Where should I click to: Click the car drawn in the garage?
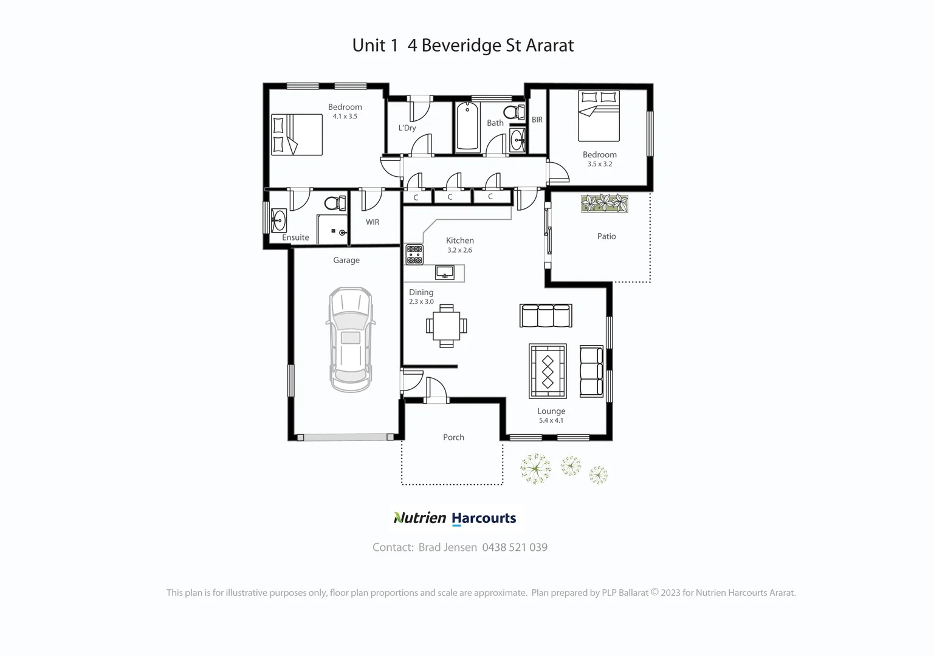click(x=351, y=340)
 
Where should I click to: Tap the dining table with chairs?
click(x=447, y=326)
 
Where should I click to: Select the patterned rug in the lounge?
click(x=548, y=371)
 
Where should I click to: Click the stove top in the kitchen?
click(x=414, y=255)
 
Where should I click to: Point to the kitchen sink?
click(x=445, y=273)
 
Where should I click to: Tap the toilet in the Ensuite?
click(x=332, y=203)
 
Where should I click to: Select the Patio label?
click(x=606, y=236)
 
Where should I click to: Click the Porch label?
click(x=453, y=437)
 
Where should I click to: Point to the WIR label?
click(x=373, y=222)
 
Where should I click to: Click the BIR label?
click(x=537, y=120)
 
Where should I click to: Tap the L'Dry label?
click(x=407, y=128)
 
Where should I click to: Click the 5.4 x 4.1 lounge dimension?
click(x=551, y=420)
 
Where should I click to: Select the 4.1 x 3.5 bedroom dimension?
click(x=345, y=116)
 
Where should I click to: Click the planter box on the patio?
click(x=605, y=203)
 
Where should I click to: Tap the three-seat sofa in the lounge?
click(x=546, y=316)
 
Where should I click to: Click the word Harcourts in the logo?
click(x=484, y=518)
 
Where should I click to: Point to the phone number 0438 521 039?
click(x=515, y=547)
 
